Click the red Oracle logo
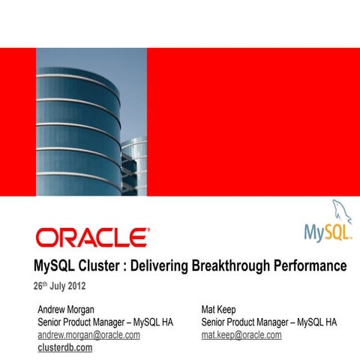(91, 238)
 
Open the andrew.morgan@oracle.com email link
(88, 335)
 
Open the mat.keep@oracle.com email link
(241, 335)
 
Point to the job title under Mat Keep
(269, 322)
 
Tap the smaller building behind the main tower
(133, 165)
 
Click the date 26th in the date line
(42, 286)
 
